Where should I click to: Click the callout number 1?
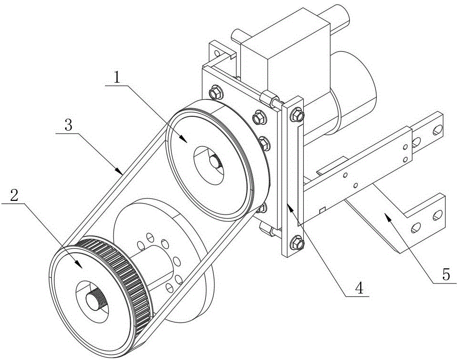tap(117, 77)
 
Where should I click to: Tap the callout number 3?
tap(68, 125)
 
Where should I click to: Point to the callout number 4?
tap(359, 288)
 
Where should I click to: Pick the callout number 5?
tap(446, 275)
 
